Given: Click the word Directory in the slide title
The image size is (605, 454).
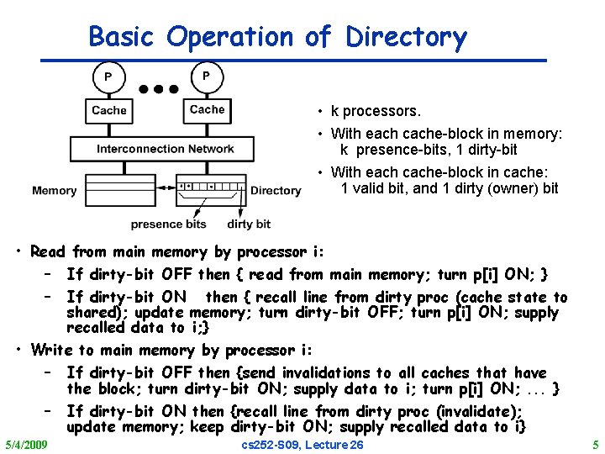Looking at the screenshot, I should tap(406, 37).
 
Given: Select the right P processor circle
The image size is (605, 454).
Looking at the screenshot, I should tap(206, 76).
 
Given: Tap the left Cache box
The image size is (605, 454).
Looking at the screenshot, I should tap(109, 110).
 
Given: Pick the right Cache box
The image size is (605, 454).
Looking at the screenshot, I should tap(207, 109).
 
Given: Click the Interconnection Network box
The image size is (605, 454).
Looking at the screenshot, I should tap(165, 149).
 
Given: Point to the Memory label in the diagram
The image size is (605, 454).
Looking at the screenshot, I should tap(55, 191).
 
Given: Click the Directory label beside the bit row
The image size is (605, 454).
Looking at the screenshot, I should tap(276, 191).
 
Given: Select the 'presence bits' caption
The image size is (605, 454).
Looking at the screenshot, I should tap(168, 224).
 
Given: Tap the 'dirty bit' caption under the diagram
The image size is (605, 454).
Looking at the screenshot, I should tap(249, 224).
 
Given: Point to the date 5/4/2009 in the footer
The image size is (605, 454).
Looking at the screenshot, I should tap(26, 444).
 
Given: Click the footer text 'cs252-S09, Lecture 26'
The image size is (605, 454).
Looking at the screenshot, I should tap(302, 444).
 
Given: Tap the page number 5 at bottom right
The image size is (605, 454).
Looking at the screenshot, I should tap(595, 444).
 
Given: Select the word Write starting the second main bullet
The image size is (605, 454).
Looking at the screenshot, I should tap(51, 350).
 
